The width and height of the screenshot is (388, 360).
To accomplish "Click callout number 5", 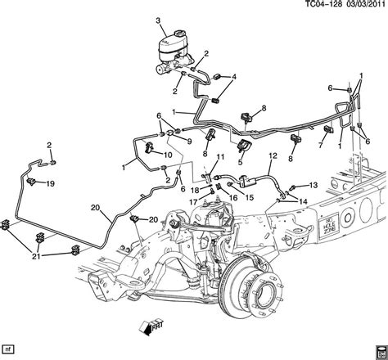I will (240, 162).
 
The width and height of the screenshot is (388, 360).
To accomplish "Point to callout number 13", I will (313, 186).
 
